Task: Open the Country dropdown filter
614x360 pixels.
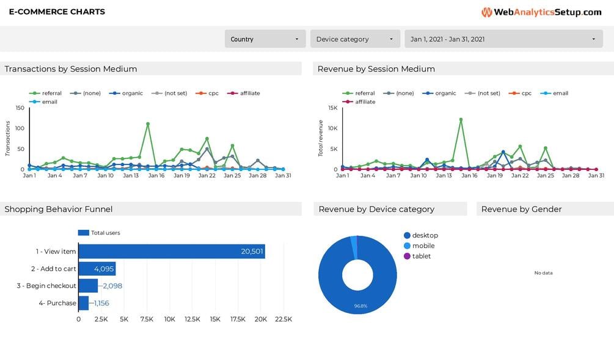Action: pyautogui.click(x=265, y=39)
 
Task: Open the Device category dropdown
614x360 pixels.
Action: pyautogui.click(x=355, y=39)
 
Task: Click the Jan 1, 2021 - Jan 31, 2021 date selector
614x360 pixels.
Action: pyautogui.click(x=502, y=39)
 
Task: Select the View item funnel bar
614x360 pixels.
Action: pyautogui.click(x=172, y=251)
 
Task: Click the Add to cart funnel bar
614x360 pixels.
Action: pyautogui.click(x=97, y=269)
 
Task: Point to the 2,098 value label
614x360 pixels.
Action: pyautogui.click(x=112, y=286)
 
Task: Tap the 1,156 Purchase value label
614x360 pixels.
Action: pyautogui.click(x=101, y=303)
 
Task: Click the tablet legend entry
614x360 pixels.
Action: pyautogui.click(x=421, y=256)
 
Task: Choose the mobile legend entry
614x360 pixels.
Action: pyautogui.click(x=423, y=246)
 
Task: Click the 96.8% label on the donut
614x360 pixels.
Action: pyautogui.click(x=360, y=306)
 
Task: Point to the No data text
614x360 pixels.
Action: pyautogui.click(x=543, y=273)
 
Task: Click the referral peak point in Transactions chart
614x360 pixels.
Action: pyautogui.click(x=148, y=124)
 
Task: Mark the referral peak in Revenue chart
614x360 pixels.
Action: pyautogui.click(x=461, y=120)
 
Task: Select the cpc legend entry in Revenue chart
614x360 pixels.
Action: pyautogui.click(x=526, y=94)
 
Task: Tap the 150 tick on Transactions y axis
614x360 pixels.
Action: pyautogui.click(x=20, y=108)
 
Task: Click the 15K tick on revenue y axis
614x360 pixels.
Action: pyautogui.click(x=332, y=108)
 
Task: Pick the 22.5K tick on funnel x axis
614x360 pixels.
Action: pyautogui.click(x=283, y=319)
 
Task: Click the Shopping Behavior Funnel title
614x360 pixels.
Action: pyautogui.click(x=59, y=209)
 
